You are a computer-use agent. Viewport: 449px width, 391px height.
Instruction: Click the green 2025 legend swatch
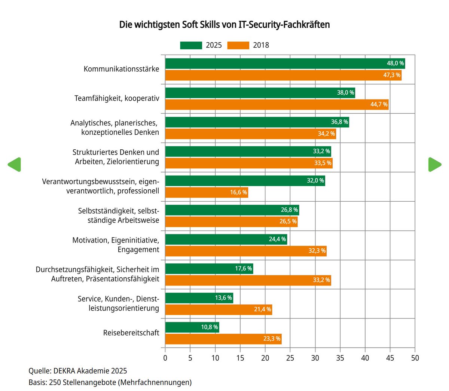(191, 45)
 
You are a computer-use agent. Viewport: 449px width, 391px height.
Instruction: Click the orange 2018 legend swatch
(238, 45)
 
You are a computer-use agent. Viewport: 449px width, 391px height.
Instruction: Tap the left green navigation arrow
(15, 165)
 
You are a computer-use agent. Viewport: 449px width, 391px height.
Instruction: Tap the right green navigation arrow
(434, 165)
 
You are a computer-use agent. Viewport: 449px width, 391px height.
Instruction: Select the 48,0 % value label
(395, 64)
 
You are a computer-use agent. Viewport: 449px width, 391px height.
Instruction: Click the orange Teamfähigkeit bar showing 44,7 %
(277, 104)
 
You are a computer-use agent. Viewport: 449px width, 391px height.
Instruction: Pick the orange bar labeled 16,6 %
(207, 192)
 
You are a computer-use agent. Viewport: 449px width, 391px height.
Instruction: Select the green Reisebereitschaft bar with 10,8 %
(192, 327)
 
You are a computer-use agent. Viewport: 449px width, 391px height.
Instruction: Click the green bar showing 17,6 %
(209, 269)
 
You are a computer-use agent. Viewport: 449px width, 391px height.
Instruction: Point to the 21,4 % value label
(262, 310)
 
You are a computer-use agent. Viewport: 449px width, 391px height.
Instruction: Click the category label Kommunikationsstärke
(121, 69)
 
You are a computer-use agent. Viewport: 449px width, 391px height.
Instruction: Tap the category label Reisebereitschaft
(131, 333)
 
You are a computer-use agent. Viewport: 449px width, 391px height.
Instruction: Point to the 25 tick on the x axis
(290, 358)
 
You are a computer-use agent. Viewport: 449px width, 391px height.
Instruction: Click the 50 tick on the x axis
(415, 358)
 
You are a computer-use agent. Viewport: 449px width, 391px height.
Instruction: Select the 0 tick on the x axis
(165, 358)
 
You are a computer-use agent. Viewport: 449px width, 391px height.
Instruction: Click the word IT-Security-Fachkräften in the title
(284, 25)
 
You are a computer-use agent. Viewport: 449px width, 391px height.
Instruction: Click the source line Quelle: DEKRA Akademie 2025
(78, 371)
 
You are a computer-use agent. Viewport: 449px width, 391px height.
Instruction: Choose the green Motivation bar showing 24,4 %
(226, 239)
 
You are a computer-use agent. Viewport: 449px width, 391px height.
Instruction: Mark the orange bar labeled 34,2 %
(251, 134)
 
